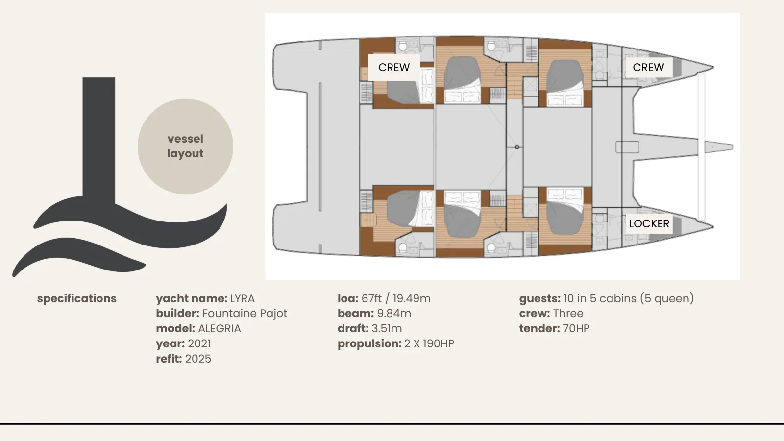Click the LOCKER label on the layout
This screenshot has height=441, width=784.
(649, 223)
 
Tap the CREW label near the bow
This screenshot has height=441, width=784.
(648, 67)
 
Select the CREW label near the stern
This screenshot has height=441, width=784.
(394, 67)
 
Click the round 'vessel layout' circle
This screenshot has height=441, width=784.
(186, 147)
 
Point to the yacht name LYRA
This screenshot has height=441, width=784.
(242, 298)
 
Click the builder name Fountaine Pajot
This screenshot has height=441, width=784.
(245, 313)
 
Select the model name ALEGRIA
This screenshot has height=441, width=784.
(220, 329)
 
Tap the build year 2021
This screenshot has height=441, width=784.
(199, 343)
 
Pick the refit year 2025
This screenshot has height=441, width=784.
(198, 359)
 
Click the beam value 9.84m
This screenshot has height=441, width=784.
(394, 313)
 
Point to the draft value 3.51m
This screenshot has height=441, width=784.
(387, 329)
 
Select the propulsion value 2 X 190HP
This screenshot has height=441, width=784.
(429, 343)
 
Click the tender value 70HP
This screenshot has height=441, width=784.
(576, 329)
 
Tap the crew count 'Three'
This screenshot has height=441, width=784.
(568, 313)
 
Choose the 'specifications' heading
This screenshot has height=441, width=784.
(76, 298)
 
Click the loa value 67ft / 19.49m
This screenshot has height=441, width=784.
(396, 298)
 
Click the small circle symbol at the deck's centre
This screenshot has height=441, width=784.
(517, 147)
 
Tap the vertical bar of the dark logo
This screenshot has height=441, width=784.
(98, 140)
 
